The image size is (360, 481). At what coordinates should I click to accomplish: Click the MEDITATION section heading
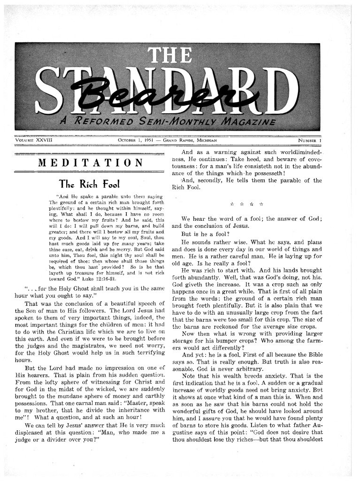coord(91,163)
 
